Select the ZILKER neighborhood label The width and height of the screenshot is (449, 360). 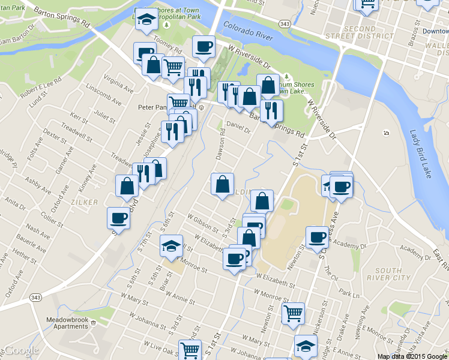click(84, 202)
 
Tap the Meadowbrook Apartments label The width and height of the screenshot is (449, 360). click(67, 323)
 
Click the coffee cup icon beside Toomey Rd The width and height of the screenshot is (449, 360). click(203, 46)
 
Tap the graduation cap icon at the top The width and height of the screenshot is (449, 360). click(145, 20)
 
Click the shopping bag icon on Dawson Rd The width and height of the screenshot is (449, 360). click(222, 184)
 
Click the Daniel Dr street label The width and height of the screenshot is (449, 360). click(240, 127)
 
